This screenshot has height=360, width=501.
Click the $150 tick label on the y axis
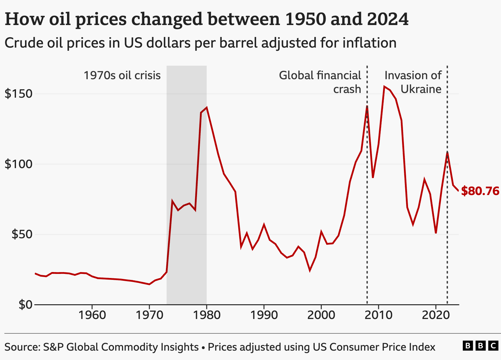click(18, 94)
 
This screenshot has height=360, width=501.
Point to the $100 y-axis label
click(18, 164)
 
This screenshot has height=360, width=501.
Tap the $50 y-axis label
click(22, 234)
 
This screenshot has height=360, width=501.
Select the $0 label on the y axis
click(25, 305)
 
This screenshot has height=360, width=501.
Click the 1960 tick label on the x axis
click(92, 315)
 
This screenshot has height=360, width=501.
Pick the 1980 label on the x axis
click(206, 315)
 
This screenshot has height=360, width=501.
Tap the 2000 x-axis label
click(321, 315)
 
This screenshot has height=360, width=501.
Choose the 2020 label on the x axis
click(436, 315)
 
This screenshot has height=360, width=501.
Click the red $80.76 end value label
click(480, 191)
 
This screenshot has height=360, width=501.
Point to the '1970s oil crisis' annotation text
click(122, 75)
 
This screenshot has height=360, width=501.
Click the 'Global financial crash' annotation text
click(320, 82)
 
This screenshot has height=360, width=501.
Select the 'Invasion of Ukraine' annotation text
click(413, 82)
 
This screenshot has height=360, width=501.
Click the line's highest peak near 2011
click(384, 87)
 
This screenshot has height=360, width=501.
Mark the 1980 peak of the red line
click(207, 107)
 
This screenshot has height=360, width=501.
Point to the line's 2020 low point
click(436, 233)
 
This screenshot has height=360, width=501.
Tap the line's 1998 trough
click(310, 270)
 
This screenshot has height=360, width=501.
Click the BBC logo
click(480, 346)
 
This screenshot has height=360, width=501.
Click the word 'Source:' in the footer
click(22, 347)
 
